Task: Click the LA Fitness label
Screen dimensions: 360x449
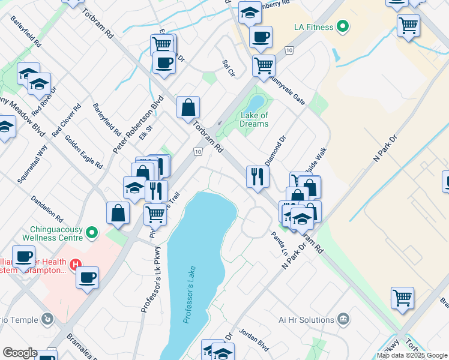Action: [312, 26]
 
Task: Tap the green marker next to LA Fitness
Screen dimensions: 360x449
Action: [342, 26]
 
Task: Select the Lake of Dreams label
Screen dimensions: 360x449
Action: [254, 119]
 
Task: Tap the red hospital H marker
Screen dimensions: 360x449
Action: [75, 264]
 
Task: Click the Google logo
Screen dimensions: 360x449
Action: [20, 353]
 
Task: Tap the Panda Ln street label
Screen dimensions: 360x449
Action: [280, 244]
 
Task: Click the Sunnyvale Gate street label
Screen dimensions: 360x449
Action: [288, 89]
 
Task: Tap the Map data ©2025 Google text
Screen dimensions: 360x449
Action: [412, 355]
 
